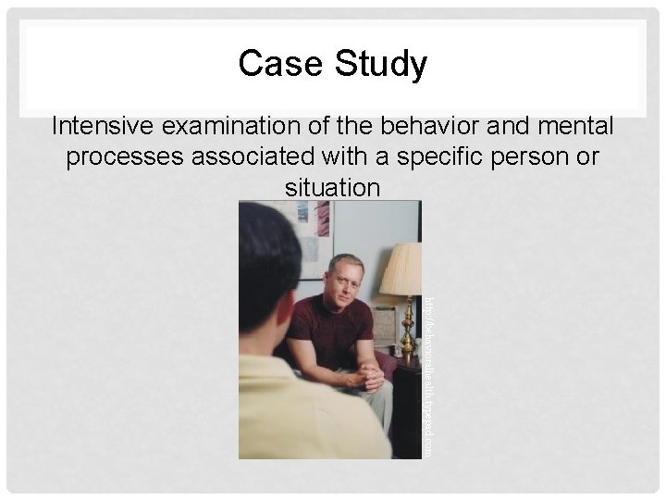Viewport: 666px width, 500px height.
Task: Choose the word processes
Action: click(125, 156)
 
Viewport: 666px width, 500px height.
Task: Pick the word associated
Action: click(262, 156)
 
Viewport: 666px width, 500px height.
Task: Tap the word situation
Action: click(333, 188)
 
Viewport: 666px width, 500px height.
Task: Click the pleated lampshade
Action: click(401, 269)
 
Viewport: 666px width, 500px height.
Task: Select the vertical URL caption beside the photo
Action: click(428, 375)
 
